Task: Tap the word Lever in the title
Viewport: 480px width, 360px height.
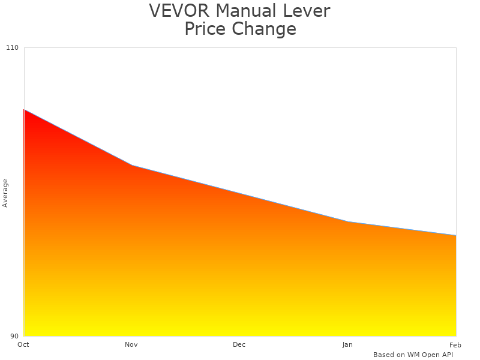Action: (x=309, y=11)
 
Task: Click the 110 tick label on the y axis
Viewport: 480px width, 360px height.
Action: (x=13, y=47)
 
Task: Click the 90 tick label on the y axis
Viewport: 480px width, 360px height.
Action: (x=14, y=336)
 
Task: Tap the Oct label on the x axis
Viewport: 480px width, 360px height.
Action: (x=23, y=344)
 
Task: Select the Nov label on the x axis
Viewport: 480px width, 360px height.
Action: (x=131, y=344)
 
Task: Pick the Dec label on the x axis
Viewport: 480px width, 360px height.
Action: (x=239, y=344)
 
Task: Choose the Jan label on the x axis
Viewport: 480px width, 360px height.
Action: (x=347, y=344)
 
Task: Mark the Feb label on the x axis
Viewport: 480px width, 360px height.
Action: (x=455, y=344)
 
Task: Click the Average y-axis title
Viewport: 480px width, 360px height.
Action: (x=5, y=193)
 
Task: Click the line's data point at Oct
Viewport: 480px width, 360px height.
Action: (x=24, y=110)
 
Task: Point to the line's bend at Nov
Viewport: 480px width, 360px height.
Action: (x=132, y=165)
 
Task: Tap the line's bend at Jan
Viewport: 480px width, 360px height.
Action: (x=348, y=222)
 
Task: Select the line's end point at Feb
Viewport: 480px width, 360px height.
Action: (x=456, y=235)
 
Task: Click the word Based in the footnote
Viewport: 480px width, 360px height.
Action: (x=384, y=355)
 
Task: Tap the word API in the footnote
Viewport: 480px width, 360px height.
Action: (x=446, y=355)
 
